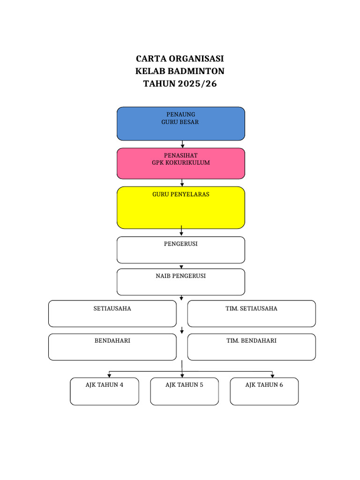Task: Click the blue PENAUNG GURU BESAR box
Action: [180, 124]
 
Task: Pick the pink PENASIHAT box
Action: [180, 164]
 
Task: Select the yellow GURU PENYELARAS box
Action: [180, 208]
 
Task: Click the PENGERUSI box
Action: [180, 250]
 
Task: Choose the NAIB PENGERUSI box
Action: [180, 282]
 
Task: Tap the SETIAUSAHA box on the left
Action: [112, 314]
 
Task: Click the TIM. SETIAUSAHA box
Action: [251, 314]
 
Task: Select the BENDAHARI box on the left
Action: [112, 347]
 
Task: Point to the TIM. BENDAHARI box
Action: [251, 347]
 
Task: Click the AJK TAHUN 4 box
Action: [105, 391]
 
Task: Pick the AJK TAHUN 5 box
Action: [184, 391]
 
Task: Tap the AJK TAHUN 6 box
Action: [264, 391]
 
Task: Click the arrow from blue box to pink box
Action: [182, 144]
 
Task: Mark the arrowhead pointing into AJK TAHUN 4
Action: [109, 375]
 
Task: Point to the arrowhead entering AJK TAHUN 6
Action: [272, 375]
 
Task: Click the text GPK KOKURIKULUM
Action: [180, 163]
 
